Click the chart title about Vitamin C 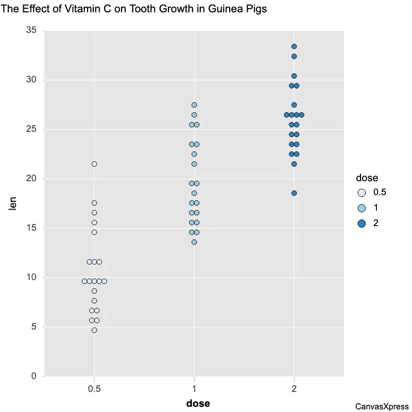tap(134, 9)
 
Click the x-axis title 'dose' tap(198, 403)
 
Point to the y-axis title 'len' tap(13, 203)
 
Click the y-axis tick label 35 tap(31, 31)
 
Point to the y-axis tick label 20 tap(31, 179)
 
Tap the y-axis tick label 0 tap(34, 376)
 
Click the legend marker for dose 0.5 tap(362, 193)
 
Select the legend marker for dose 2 tap(362, 224)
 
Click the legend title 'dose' tap(367, 178)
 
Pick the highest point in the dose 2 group tap(294, 47)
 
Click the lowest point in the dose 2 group tap(294, 193)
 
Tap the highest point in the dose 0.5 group tap(94, 164)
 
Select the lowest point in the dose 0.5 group tap(94, 330)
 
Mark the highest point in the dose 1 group tap(194, 105)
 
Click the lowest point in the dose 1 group tap(194, 242)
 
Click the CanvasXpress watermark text tap(382, 406)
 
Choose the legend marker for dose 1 tap(362, 208)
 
